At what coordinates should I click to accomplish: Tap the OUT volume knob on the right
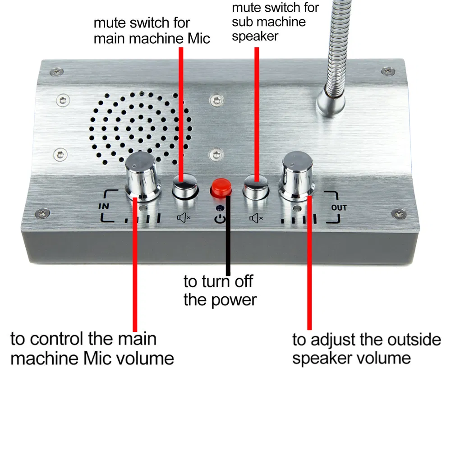[298, 176]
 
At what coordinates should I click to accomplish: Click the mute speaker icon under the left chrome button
[184, 218]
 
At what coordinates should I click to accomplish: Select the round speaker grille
[141, 127]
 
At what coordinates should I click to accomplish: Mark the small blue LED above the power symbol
[220, 209]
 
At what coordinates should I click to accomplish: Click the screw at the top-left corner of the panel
[56, 71]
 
